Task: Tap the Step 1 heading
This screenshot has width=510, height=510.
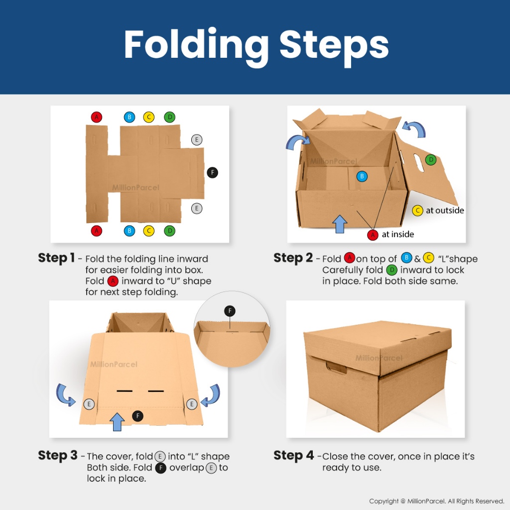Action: tap(56, 258)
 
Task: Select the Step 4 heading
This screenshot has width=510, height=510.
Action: tap(293, 455)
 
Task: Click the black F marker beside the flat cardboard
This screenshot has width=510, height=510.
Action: tap(212, 172)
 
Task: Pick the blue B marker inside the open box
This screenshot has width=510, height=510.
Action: tap(362, 176)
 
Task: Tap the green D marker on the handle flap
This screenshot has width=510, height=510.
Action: tap(431, 160)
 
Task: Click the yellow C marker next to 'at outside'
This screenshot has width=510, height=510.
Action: tap(417, 211)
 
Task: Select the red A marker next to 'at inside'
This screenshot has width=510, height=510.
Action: tap(373, 235)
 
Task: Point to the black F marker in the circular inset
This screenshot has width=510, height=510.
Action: tap(230, 311)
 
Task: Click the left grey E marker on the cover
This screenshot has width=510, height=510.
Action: tap(89, 404)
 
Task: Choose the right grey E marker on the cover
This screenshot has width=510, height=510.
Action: tap(192, 404)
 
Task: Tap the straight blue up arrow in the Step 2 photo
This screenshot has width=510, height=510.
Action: tap(340, 224)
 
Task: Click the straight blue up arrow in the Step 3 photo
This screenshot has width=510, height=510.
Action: tap(117, 422)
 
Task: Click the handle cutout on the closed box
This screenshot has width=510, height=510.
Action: tap(336, 368)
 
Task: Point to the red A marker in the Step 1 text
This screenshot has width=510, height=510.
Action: tap(113, 281)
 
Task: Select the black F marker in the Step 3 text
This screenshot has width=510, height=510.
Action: tap(161, 468)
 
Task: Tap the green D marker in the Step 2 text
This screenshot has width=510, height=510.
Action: tap(392, 270)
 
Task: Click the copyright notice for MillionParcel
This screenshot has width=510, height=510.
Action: tap(436, 501)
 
